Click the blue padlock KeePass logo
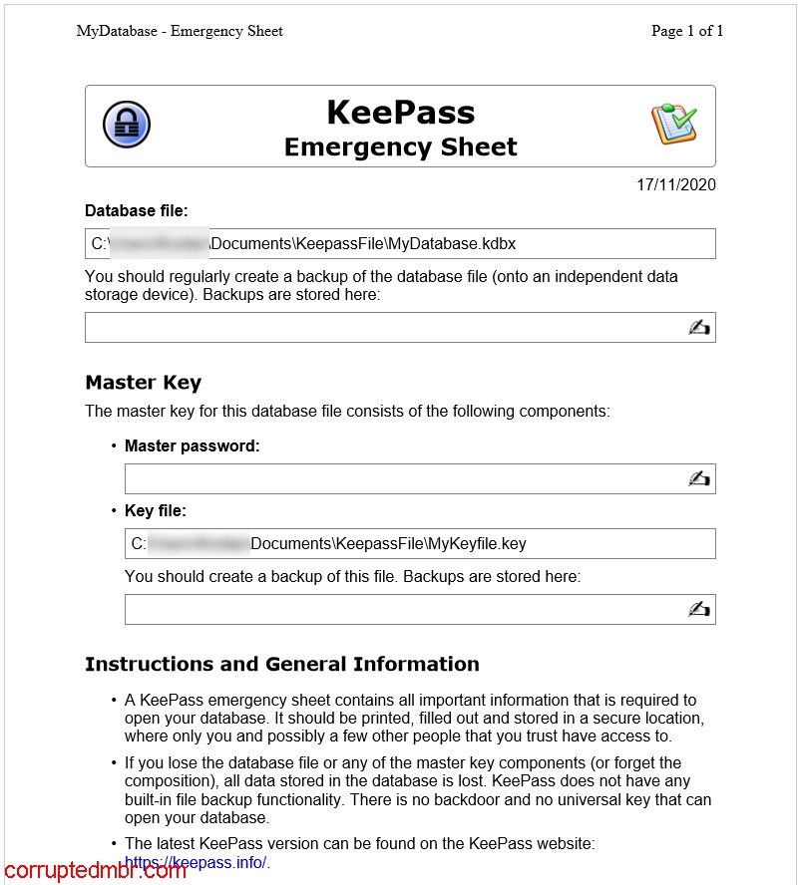(126, 125)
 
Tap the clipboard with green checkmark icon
(673, 124)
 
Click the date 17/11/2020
(675, 184)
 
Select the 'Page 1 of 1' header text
(686, 31)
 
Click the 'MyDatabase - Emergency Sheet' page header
(180, 31)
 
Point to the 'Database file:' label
(137, 210)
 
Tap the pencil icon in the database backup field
(698, 327)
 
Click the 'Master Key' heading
(143, 382)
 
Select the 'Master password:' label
(192, 445)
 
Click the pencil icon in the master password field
(698, 478)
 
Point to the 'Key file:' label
(155, 510)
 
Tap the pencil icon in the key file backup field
(698, 609)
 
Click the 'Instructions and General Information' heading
(281, 664)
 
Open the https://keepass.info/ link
(197, 862)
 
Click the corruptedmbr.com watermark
(95, 871)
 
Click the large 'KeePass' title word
(400, 112)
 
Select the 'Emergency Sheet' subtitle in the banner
(400, 147)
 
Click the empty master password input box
(399, 478)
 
